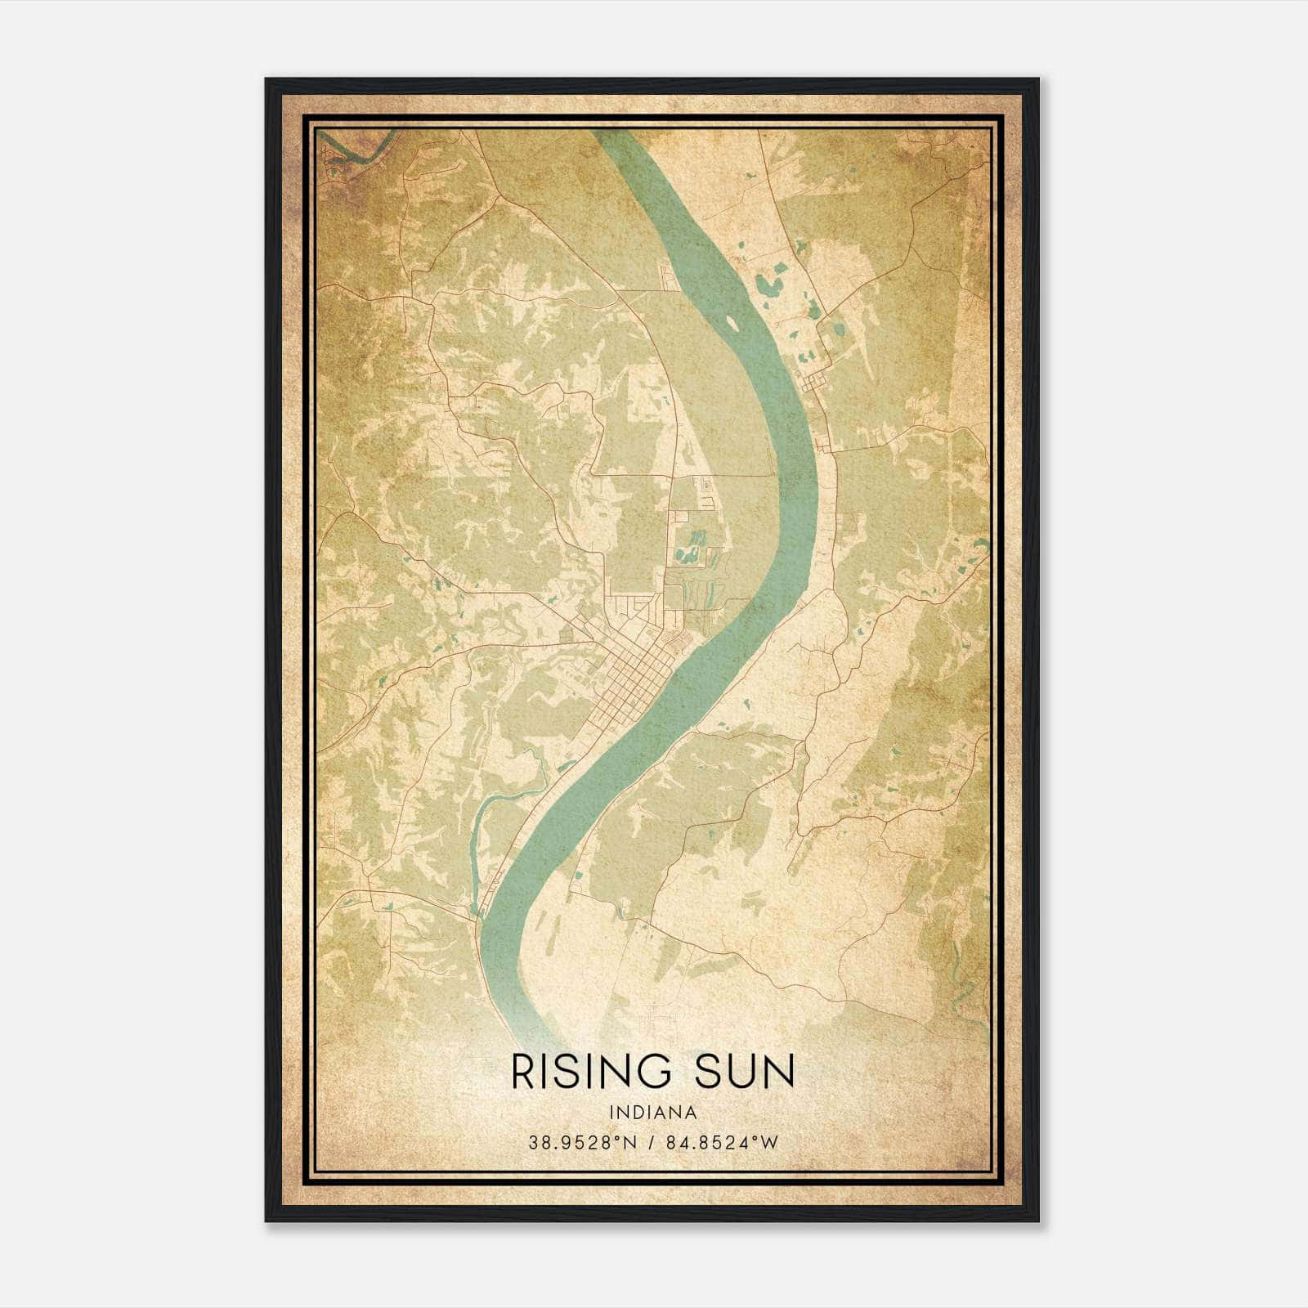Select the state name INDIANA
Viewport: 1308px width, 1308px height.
point(653,1113)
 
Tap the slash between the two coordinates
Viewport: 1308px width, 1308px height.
point(647,1143)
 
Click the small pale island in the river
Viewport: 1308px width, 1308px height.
point(732,324)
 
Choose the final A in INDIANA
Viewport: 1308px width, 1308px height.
point(692,1113)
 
